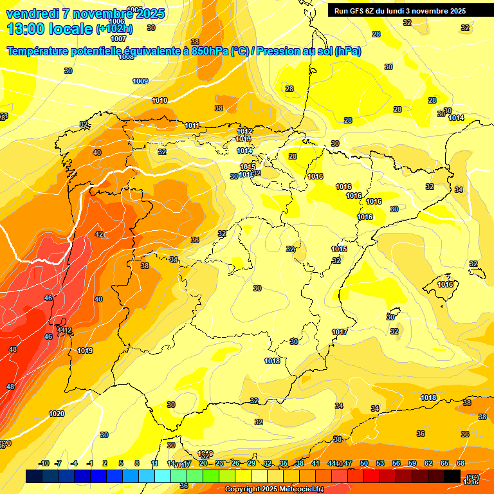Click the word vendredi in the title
pyautogui.click(x=32, y=14)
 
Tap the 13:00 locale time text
pyautogui.click(x=49, y=28)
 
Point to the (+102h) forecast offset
pyautogui.click(x=114, y=28)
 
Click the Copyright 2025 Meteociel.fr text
pyautogui.click(x=274, y=489)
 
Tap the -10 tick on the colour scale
pyautogui.click(x=44, y=463)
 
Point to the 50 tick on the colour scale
pyautogui.click(x=364, y=463)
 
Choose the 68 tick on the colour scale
pyautogui.click(x=461, y=463)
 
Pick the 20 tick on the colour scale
pyautogui.click(x=203, y=463)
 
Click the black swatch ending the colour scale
pyautogui.click(x=452, y=476)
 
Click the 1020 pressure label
pyautogui.click(x=57, y=414)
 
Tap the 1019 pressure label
pyautogui.click(x=85, y=351)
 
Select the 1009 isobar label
pyautogui.click(x=140, y=81)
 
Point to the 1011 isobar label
pyautogui.click(x=192, y=125)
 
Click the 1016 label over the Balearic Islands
pyautogui.click(x=445, y=284)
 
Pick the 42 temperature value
pyautogui.click(x=99, y=234)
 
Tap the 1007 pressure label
pyautogui.click(x=118, y=39)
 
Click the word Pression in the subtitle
pyautogui.click(x=280, y=51)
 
